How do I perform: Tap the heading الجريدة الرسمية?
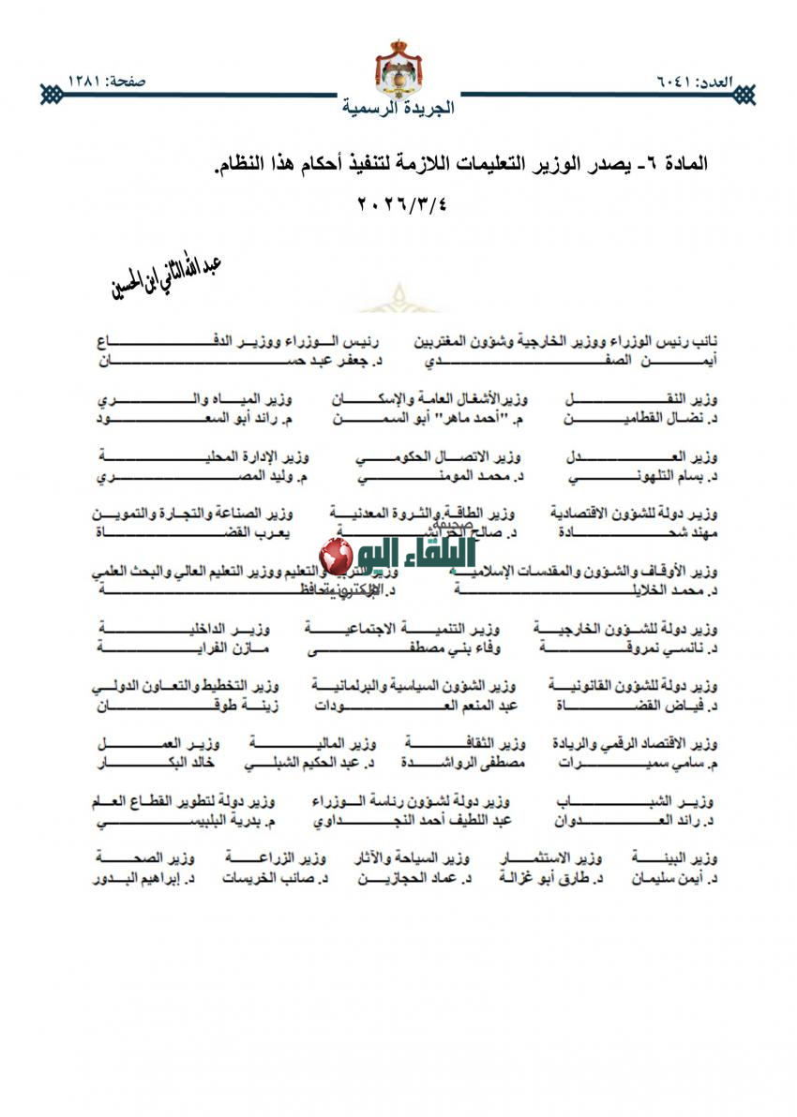click(x=398, y=108)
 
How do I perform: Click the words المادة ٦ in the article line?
click(x=675, y=163)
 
